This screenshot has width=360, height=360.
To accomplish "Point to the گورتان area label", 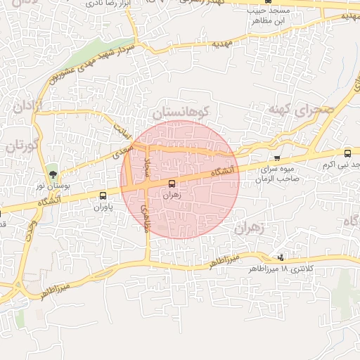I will pos(19,146).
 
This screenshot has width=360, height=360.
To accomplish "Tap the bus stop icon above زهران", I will pos(173,184).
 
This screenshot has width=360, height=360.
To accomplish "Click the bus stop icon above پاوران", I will pos(103,196).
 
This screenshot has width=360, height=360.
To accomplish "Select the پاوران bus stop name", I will pos(103,208).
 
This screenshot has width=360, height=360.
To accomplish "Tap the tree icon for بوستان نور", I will pos(51,174).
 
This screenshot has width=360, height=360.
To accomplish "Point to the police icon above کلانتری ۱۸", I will pos(282,257).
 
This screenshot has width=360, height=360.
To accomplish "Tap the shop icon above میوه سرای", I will pos(278,158).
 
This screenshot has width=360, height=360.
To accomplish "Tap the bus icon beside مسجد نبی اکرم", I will pos(347,153).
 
